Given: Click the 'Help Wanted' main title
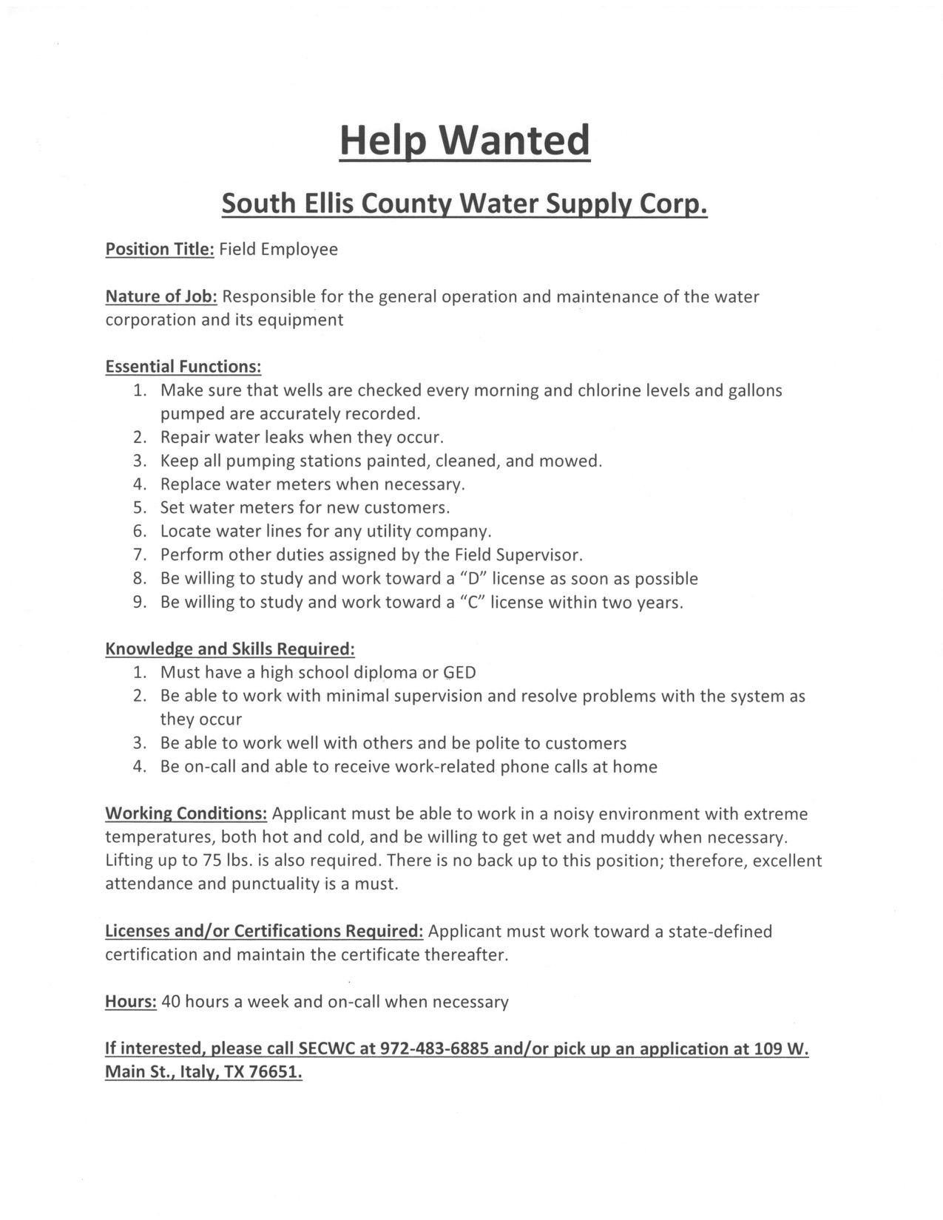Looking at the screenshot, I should click(464, 140).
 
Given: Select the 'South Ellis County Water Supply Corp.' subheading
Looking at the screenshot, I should click(464, 203).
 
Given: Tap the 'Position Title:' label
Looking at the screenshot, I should click(160, 249).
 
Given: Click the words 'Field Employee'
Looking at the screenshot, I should click(278, 249).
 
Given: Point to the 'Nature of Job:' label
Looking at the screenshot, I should click(161, 296).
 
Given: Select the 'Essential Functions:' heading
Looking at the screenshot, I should click(183, 367).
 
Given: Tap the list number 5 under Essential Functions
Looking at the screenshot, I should click(141, 508).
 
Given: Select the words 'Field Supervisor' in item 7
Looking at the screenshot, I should click(518, 555).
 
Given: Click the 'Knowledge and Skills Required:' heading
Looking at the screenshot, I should click(230, 649).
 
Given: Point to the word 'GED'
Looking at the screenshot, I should click(459, 673).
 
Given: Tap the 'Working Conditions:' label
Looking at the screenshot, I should click(186, 814).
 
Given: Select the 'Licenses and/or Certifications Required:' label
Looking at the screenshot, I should click(264, 931).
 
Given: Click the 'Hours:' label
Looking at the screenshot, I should click(131, 1002).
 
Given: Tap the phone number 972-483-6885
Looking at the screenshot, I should click(433, 1048).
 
